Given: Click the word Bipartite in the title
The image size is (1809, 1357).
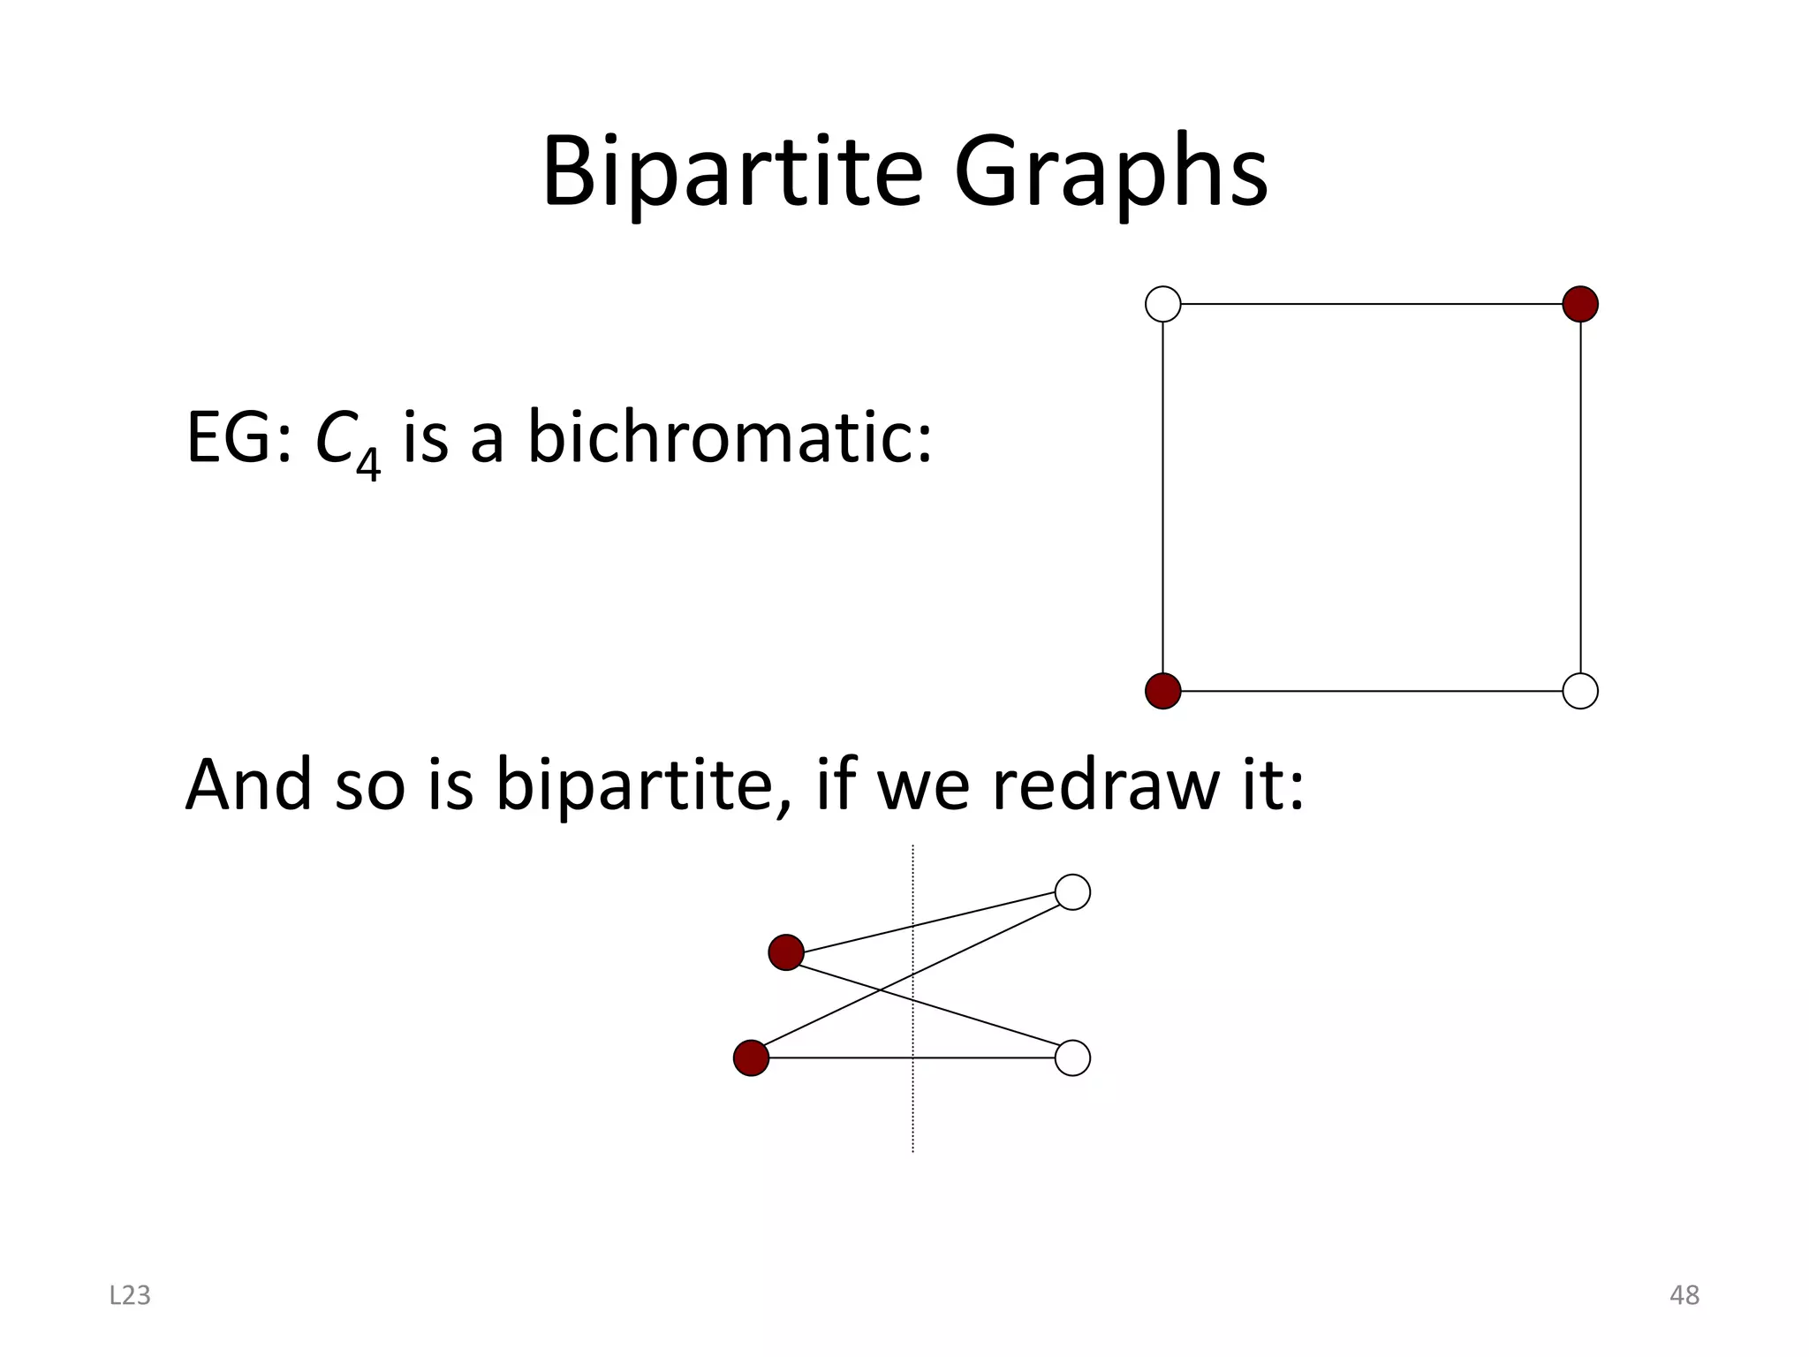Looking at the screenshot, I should (x=731, y=171).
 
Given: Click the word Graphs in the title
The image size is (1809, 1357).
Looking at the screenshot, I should (x=1110, y=171).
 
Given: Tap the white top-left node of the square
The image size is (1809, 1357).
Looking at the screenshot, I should (x=1162, y=304).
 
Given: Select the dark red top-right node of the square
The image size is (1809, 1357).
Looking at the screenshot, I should (x=1580, y=304).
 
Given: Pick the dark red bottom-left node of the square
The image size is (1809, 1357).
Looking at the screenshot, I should (x=1162, y=691).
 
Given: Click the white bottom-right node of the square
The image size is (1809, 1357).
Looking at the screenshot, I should (x=1580, y=691).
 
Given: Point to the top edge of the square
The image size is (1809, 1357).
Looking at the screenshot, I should (x=1371, y=304).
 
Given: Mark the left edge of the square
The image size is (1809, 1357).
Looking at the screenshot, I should (x=1162, y=497).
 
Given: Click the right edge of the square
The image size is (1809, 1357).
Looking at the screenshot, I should (x=1580, y=497).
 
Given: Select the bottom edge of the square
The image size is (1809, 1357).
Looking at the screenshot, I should (x=1371, y=691).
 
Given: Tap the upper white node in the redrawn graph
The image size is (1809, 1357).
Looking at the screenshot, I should (x=1072, y=892).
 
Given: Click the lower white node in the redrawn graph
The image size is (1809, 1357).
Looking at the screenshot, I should (x=1072, y=1058).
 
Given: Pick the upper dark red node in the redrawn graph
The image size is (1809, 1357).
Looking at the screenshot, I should (x=786, y=952).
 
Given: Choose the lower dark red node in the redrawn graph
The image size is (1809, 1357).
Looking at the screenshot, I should (x=751, y=1058).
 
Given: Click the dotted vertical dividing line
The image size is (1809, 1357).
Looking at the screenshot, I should (x=912, y=1113).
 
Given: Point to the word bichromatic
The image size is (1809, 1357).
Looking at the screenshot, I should (x=730, y=438).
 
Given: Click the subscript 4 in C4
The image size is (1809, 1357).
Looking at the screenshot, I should (x=367, y=463).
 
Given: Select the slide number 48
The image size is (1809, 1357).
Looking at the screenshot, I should (x=1684, y=1295).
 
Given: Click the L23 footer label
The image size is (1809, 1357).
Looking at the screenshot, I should (x=130, y=1295).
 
